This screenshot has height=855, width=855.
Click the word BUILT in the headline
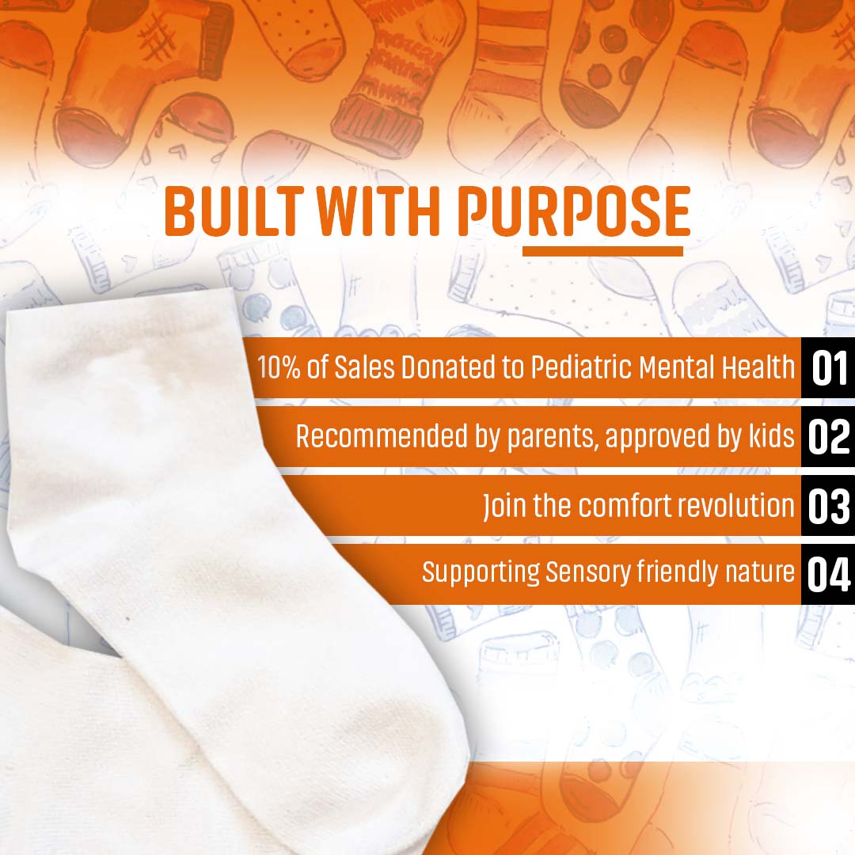(x=234, y=211)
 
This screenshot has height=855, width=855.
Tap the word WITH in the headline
(x=378, y=211)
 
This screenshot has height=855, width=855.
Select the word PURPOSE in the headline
(x=574, y=211)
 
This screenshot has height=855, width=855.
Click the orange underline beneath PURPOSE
(x=602, y=251)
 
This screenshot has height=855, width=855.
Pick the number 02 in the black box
(x=829, y=437)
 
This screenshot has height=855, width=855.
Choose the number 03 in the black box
(x=829, y=506)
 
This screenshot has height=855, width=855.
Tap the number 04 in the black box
(x=829, y=574)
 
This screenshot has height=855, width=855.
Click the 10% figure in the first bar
(x=279, y=367)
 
